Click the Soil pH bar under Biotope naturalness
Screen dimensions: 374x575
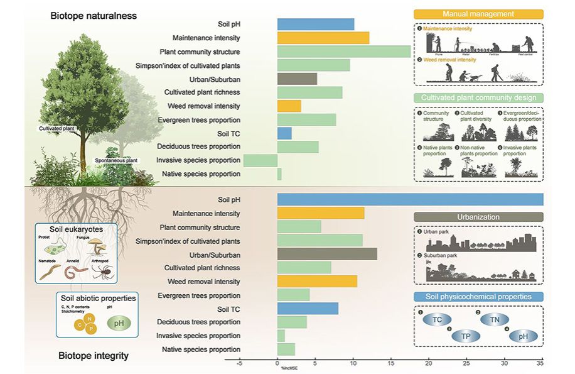coord(316,25)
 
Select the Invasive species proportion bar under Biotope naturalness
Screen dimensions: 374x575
coord(260,160)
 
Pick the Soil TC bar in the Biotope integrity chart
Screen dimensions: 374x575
coord(308,309)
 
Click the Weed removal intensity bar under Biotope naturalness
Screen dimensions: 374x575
coord(289,106)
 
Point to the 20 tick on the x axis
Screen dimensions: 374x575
coord(429,363)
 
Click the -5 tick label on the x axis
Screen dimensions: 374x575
coord(239,363)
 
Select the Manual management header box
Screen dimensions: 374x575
coord(478,14)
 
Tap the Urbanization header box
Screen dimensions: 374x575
coord(478,217)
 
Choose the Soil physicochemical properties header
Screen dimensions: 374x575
coord(478,296)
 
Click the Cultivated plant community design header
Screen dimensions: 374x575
coord(478,97)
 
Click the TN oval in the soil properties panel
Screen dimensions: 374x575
coord(494,320)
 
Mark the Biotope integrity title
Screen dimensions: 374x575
coord(94,356)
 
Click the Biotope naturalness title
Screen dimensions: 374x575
coord(94,15)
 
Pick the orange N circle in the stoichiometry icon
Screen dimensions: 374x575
coord(85,319)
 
